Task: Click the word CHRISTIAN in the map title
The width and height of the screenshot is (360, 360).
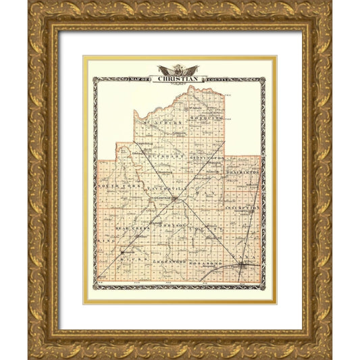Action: click(180, 78)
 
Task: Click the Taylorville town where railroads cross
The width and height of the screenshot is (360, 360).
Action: click(174, 199)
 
